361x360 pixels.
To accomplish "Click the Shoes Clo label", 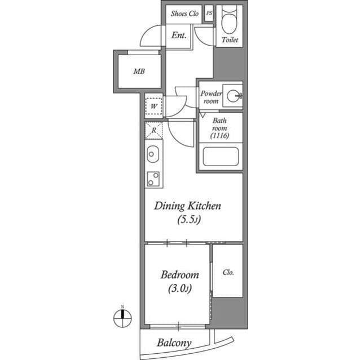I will click(185, 14).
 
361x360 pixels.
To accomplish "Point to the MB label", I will click(138, 72).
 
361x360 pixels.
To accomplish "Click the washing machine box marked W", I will click(153, 105).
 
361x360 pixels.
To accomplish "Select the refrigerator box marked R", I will click(153, 131).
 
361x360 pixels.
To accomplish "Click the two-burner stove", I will click(153, 179).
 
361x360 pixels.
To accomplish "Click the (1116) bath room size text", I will click(219, 136).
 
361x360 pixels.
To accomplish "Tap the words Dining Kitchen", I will click(188, 206).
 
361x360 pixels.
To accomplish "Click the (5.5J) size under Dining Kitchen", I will click(188, 220).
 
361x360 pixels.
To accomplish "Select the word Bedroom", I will click(179, 275).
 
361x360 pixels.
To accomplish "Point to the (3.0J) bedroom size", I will click(179, 289).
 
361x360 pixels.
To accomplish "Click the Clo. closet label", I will click(228, 272).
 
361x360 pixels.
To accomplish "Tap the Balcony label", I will click(174, 342).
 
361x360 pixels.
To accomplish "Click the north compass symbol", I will click(121, 318).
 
